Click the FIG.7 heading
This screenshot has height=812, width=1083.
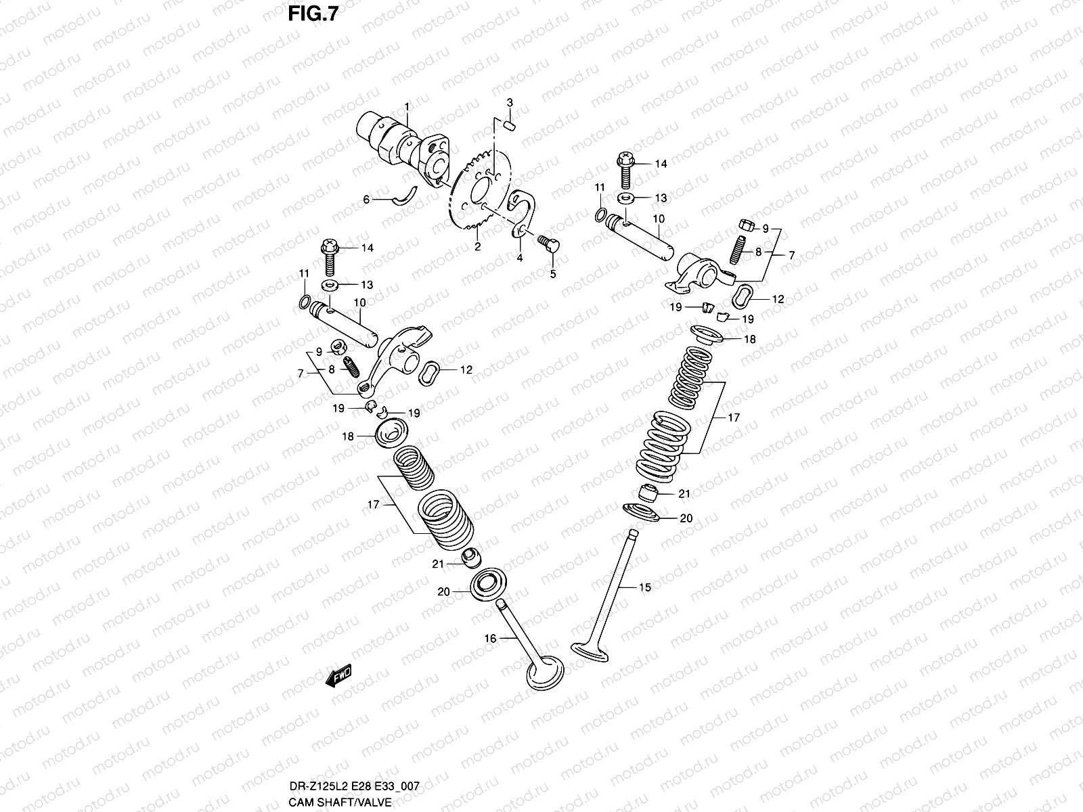(x=312, y=14)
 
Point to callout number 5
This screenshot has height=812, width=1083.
(x=552, y=274)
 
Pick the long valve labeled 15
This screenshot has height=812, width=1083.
(x=613, y=595)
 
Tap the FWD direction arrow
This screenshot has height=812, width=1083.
(x=339, y=675)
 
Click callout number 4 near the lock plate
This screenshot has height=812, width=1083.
(x=520, y=258)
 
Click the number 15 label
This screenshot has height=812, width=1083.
(x=645, y=587)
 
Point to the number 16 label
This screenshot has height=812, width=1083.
(x=490, y=638)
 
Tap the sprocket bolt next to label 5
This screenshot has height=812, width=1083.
(x=548, y=244)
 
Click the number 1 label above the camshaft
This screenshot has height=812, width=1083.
(x=407, y=106)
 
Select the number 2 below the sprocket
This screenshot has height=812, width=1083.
(x=477, y=247)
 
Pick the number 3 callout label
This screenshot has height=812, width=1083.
(x=510, y=102)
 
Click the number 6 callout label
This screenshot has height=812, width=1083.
(x=366, y=200)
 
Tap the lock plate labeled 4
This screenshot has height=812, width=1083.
(x=525, y=213)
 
